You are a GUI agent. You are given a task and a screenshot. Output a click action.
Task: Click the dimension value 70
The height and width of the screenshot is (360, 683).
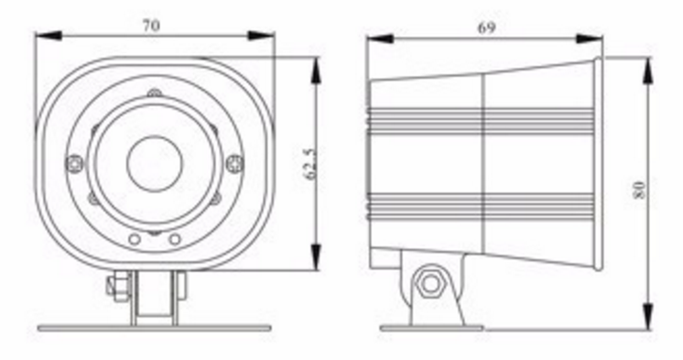tap(151, 26)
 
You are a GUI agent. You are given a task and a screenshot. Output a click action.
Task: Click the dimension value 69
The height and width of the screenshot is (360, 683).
tap(486, 27)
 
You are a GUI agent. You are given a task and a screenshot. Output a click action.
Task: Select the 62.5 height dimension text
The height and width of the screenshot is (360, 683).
tap(309, 163)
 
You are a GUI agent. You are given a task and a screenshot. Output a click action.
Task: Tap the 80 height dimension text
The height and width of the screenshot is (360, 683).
tap(639, 190)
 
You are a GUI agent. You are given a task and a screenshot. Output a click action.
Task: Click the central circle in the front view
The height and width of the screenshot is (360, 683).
tap(155, 163)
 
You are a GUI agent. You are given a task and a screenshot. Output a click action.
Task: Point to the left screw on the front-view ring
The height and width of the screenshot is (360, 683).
tap(75, 164)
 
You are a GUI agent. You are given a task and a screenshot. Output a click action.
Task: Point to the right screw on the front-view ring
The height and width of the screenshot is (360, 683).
tap(234, 163)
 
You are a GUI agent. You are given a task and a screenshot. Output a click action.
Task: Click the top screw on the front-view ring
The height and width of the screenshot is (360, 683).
tap(154, 93)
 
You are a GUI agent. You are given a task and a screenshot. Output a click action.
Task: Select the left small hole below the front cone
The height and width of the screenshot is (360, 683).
tap(135, 239)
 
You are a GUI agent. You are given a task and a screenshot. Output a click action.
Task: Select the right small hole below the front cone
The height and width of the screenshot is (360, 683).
tap(175, 239)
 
